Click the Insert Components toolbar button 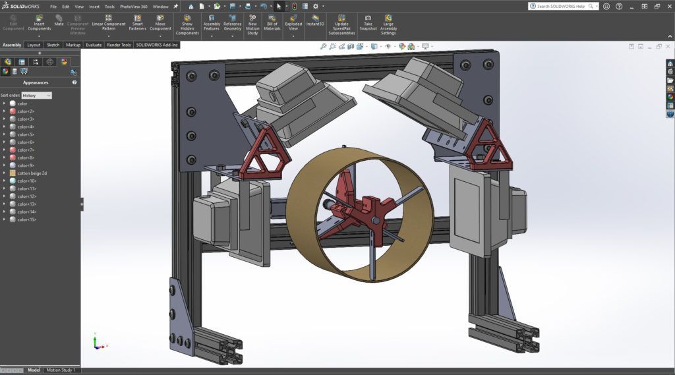click(39, 22)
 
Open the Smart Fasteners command click(137, 22)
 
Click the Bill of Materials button click(272, 22)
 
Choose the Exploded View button click(293, 22)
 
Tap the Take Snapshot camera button click(368, 22)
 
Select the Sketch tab click(53, 45)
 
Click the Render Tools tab click(119, 45)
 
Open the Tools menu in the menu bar click(109, 7)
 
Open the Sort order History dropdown click(36, 96)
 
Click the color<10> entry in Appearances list click(27, 181)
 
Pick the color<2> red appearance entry click(26, 111)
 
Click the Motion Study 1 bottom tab click(61, 370)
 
